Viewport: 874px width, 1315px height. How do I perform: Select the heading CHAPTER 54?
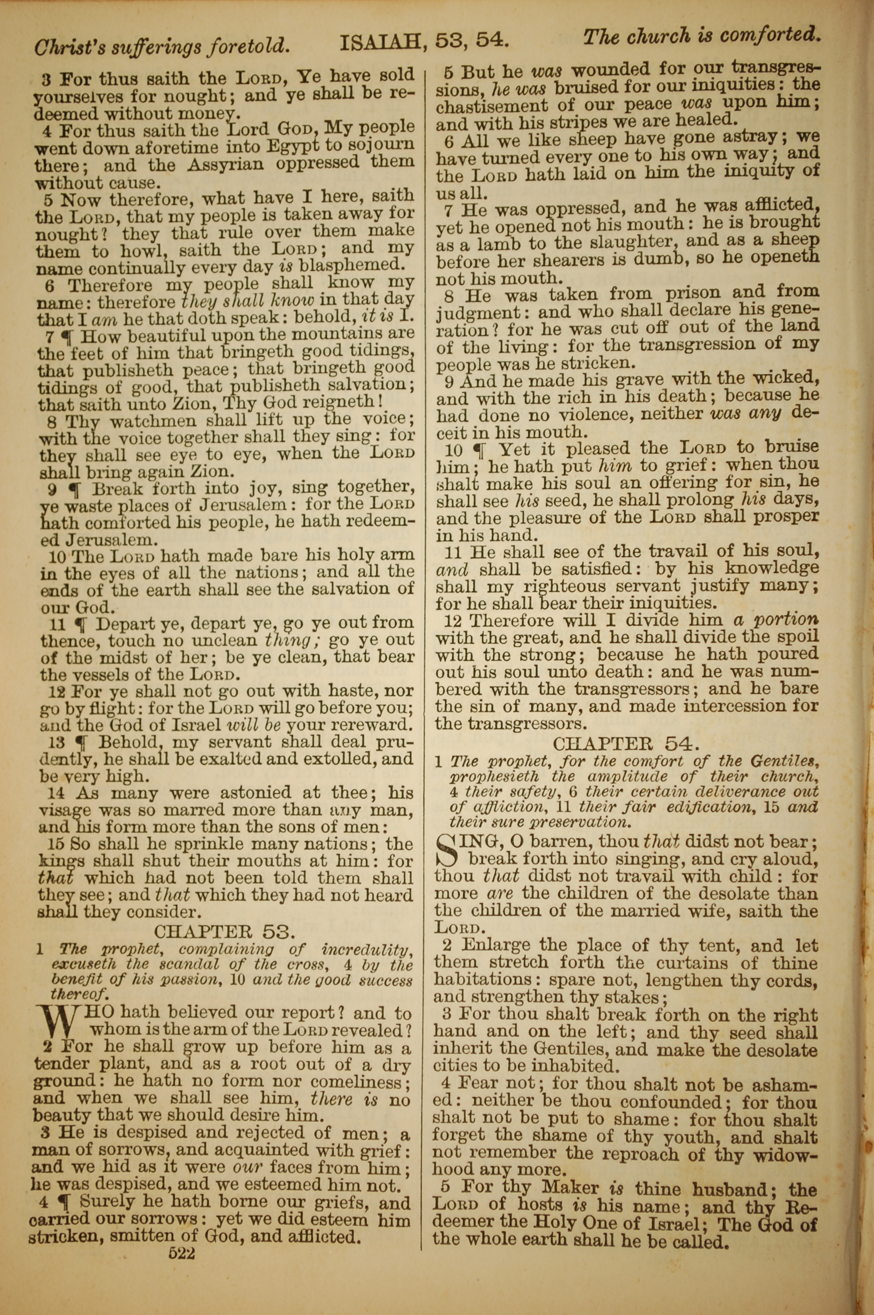tap(625, 743)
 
